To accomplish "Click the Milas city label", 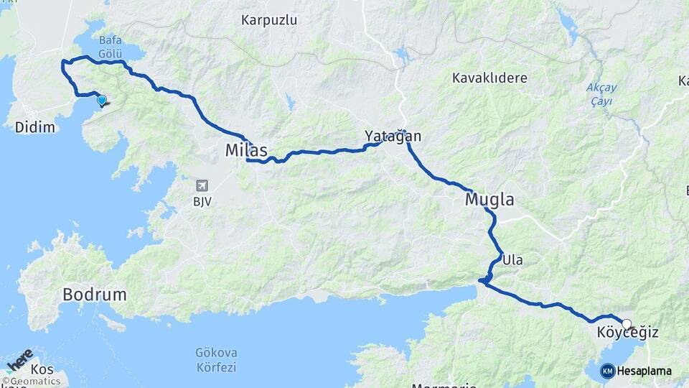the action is point(246,151).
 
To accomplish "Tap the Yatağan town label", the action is point(393,136).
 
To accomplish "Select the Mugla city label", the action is point(489,199).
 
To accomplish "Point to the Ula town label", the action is point(512,259).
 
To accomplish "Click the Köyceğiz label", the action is point(627,333).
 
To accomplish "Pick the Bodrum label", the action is point(95,295).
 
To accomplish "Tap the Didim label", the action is point(35,127).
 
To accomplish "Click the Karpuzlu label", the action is point(269,19).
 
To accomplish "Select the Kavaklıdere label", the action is point(489,78).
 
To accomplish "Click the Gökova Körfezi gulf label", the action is point(215,360).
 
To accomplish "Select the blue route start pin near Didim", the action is point(101,101).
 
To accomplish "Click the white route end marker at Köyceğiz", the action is point(627,324).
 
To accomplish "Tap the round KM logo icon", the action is point(607,371).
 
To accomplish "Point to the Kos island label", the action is point(43,369).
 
